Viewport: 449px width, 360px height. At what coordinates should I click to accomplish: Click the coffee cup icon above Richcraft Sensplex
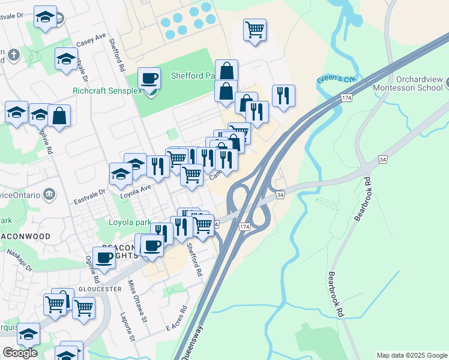tap(148, 78)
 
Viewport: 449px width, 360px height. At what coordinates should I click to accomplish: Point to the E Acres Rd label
tap(176, 320)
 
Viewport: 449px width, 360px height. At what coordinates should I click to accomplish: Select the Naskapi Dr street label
tap(19, 262)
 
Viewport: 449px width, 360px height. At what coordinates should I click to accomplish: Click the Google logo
tap(20, 352)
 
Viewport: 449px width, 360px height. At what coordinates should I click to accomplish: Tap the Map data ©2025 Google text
tap(411, 355)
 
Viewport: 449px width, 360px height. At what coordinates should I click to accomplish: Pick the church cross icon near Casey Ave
tap(13, 56)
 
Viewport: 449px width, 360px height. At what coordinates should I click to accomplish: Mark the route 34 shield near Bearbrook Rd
tap(382, 159)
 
